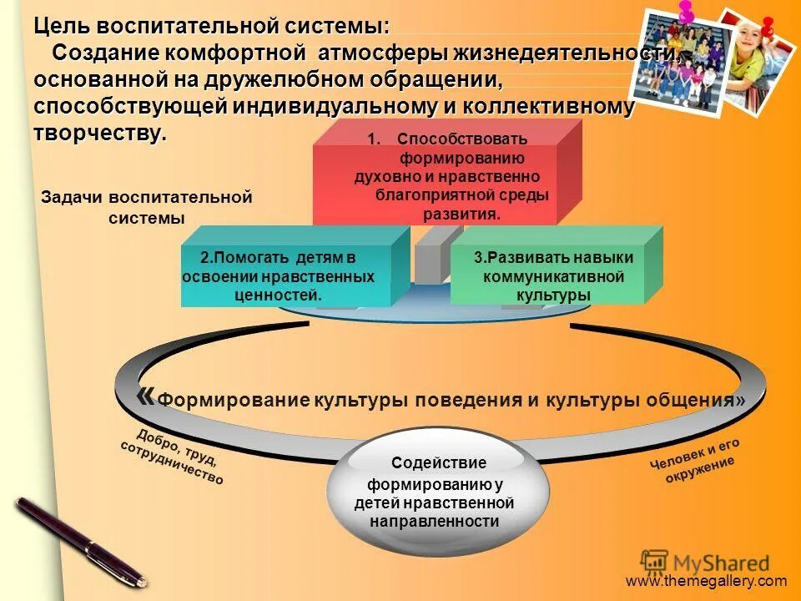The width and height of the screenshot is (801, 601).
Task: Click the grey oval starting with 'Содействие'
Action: (437, 492)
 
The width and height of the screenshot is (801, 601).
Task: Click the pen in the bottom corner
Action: (79, 539)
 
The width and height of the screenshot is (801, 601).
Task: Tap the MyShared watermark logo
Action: (705, 563)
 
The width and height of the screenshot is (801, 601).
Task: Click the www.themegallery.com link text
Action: (706, 582)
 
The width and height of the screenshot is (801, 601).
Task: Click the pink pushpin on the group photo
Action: (687, 12)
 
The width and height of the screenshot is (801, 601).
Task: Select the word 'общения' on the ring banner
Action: (692, 400)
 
